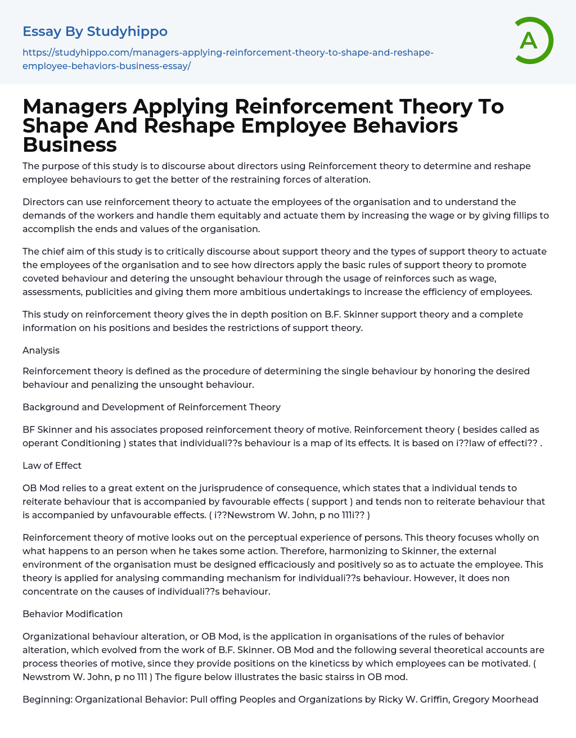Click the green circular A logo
(531, 40)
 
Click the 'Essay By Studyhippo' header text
(95, 31)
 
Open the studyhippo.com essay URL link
(228, 59)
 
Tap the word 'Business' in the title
(70, 144)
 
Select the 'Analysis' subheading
(41, 350)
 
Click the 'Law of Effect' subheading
(52, 465)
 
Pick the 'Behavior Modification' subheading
(73, 614)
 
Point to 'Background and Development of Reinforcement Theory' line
(151, 407)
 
